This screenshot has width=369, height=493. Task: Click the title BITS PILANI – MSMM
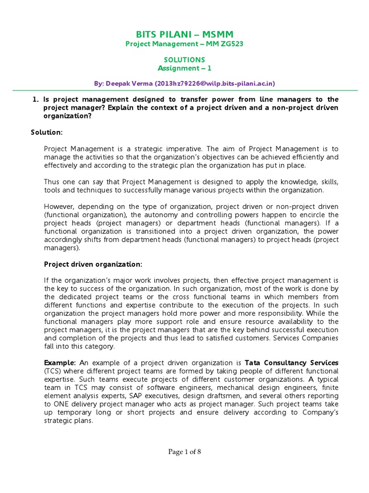tap(184, 34)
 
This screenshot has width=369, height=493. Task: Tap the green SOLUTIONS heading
tap(184, 60)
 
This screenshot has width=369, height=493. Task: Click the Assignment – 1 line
tap(184, 68)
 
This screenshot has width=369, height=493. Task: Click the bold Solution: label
tap(47, 132)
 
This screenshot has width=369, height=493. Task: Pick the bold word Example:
tap(60, 362)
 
